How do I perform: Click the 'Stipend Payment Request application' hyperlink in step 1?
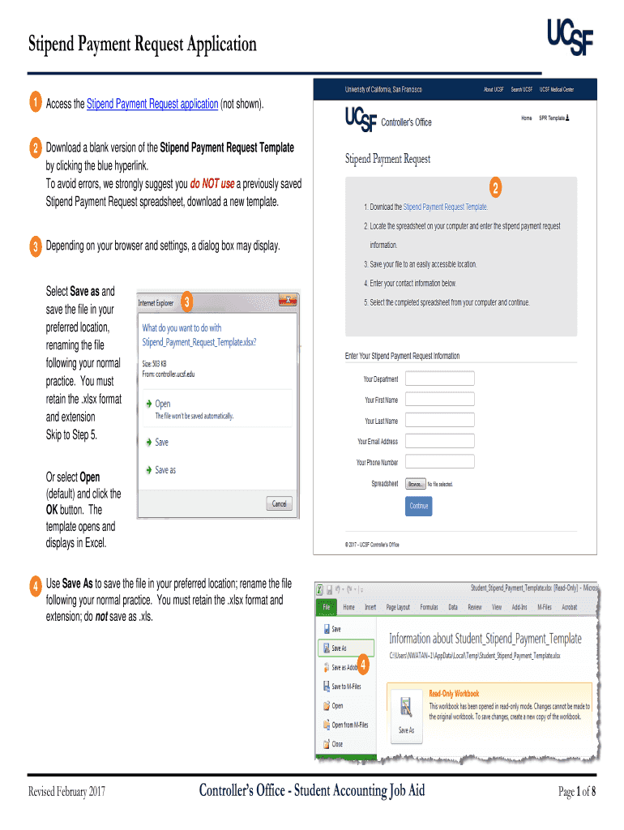[x=152, y=104]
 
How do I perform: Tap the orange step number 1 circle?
[x=36, y=103]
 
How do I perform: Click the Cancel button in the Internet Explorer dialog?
[x=279, y=503]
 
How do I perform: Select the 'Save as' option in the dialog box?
[x=165, y=470]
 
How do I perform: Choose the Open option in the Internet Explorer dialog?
[x=163, y=404]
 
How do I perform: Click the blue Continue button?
[x=419, y=506]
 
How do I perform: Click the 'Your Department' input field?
[x=439, y=379]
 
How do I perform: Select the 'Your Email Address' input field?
[x=439, y=442]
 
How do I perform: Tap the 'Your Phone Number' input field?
[x=439, y=462]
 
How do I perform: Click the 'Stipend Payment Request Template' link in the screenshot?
[x=445, y=207]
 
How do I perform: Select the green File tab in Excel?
[x=325, y=606]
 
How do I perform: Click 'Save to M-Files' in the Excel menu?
[x=346, y=687]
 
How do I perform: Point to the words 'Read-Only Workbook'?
[x=454, y=693]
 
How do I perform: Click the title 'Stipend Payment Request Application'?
[x=143, y=44]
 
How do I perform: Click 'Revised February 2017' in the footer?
[x=66, y=791]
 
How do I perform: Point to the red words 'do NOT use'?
[x=212, y=184]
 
